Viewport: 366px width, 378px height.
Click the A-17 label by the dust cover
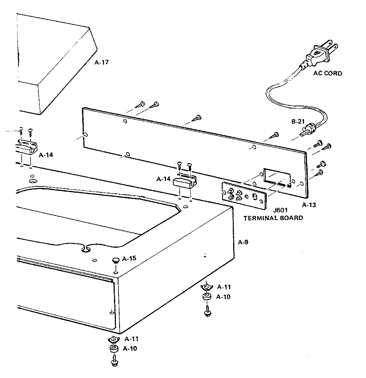(102, 62)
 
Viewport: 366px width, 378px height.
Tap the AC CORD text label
(327, 73)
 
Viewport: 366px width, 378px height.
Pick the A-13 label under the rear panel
(309, 204)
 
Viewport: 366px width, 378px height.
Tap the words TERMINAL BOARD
(273, 218)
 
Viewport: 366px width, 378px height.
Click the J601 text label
(280, 211)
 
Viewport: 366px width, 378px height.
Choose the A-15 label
(130, 258)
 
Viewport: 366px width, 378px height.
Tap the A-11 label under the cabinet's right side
(224, 287)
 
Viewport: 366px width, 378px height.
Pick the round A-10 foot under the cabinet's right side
(207, 298)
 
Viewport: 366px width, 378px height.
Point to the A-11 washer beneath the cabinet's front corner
(114, 339)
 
